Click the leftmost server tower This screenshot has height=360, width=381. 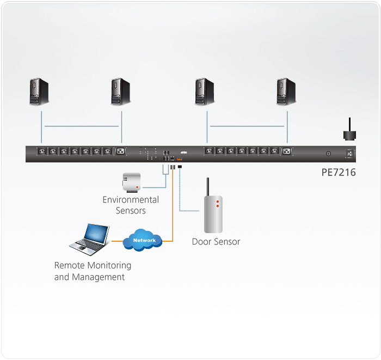point(39,91)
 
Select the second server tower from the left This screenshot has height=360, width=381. point(120,91)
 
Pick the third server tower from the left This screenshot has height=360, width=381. point(205,91)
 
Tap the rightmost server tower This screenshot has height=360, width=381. point(286,91)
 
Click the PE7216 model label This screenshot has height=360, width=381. point(338,173)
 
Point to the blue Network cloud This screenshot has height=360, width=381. point(144,240)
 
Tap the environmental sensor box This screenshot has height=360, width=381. point(131,182)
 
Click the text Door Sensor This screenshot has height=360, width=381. point(216,241)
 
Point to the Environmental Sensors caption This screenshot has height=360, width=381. point(131,205)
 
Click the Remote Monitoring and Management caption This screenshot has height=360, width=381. point(93,271)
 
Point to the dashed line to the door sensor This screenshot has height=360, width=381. point(180,191)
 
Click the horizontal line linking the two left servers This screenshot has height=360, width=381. point(82,126)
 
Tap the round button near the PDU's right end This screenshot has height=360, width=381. point(328,154)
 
